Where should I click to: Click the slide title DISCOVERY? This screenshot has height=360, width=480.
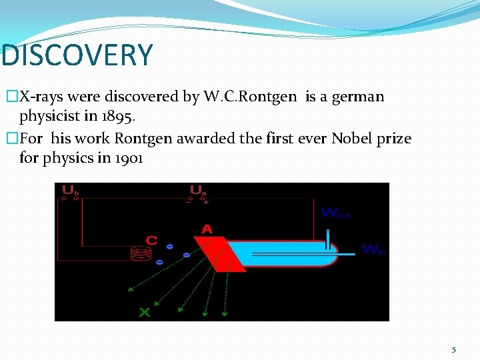point(77,56)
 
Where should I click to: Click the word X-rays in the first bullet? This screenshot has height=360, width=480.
point(42,97)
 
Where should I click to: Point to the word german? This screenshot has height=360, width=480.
point(359,97)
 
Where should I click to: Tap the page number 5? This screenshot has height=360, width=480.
point(454,349)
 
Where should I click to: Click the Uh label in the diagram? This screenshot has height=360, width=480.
point(70,191)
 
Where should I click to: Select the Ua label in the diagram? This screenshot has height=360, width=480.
point(198,191)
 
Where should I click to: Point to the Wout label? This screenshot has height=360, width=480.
point(336,213)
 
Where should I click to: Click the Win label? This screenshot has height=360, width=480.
point(373,249)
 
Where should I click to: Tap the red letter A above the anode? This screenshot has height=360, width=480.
point(207,229)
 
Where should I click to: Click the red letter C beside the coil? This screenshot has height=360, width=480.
point(151,241)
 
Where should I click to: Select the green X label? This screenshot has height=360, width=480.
point(144,312)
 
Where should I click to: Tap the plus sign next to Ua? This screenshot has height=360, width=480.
point(207,201)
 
